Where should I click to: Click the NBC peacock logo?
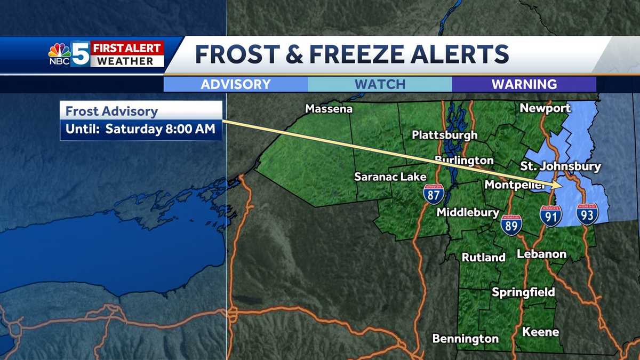(x=60, y=51)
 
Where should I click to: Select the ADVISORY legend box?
(x=236, y=84)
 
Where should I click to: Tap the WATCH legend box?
(x=380, y=84)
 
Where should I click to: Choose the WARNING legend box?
(x=524, y=84)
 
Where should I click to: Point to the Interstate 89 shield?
(x=510, y=225)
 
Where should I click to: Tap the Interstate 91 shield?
(x=550, y=215)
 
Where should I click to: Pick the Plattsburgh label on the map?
(x=444, y=134)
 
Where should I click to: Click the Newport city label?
(x=545, y=108)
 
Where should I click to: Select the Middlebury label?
(x=468, y=212)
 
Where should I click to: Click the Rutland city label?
(x=483, y=257)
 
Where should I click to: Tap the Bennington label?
(x=465, y=339)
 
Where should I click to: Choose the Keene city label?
(x=540, y=332)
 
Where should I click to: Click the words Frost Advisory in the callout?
(x=111, y=112)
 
